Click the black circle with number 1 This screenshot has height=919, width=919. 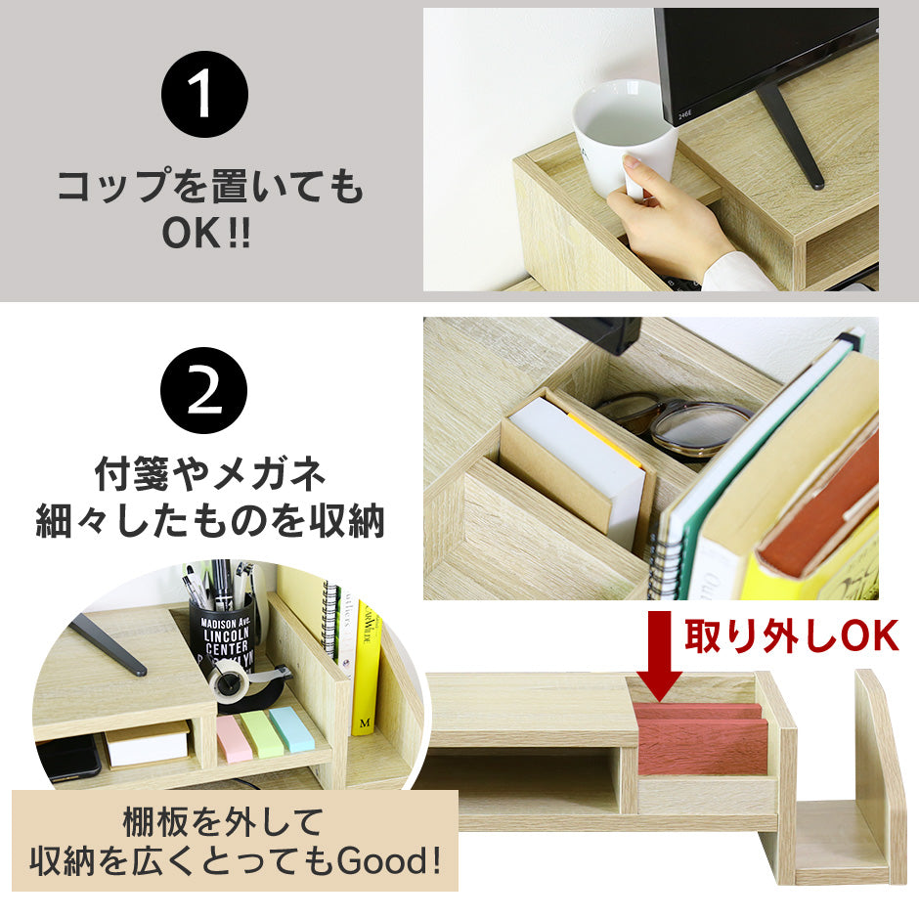pos(204,95)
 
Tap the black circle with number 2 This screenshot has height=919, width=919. pos(204,390)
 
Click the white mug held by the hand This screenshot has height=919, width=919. pos(623,136)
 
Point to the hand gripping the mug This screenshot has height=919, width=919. pos(670,220)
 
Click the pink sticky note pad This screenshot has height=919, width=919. pos(233,738)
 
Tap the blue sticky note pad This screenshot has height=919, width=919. pos(291,728)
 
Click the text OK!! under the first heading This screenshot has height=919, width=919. pos(206,233)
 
